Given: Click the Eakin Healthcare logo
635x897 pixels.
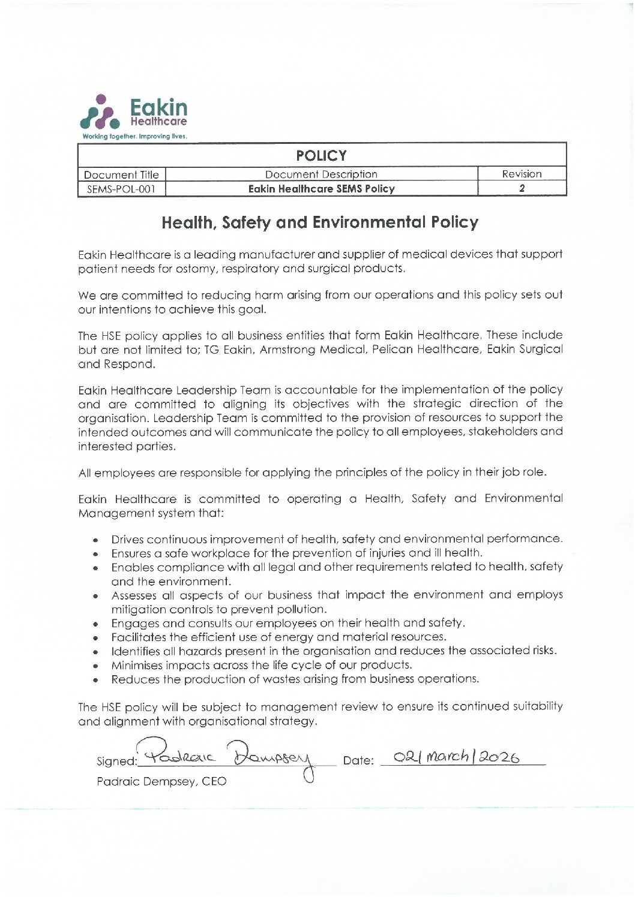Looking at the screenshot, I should pyautogui.click(x=135, y=112).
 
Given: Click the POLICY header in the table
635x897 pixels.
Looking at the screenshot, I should pyautogui.click(x=321, y=155).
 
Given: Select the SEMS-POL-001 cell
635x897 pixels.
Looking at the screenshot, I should pyautogui.click(x=122, y=189).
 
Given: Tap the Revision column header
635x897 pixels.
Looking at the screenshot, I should pyautogui.click(x=522, y=174).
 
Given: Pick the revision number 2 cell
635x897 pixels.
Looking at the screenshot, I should pyautogui.click(x=522, y=188).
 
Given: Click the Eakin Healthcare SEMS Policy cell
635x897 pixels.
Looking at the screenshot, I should pyautogui.click(x=321, y=189).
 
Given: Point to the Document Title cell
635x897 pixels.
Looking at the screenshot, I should pyautogui.click(x=122, y=174).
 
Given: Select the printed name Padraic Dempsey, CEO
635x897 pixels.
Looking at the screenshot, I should pyautogui.click(x=161, y=782).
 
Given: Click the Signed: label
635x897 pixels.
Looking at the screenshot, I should pyautogui.click(x=116, y=761).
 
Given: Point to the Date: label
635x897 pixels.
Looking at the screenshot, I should pyautogui.click(x=358, y=761).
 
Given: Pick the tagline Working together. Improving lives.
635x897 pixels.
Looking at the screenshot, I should pyautogui.click(x=135, y=136).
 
